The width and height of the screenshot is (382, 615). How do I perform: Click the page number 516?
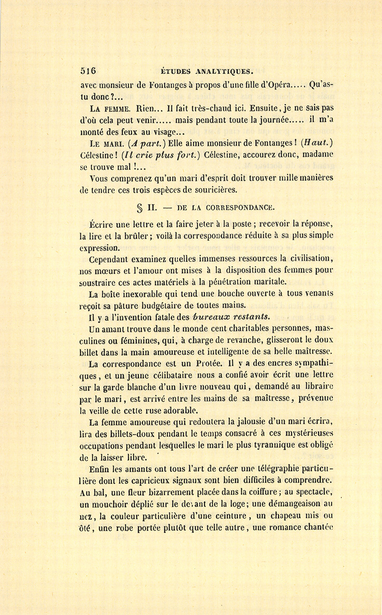88,71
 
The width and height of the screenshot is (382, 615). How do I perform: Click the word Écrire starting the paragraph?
101,225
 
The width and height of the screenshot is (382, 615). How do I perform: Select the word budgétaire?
163,305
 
